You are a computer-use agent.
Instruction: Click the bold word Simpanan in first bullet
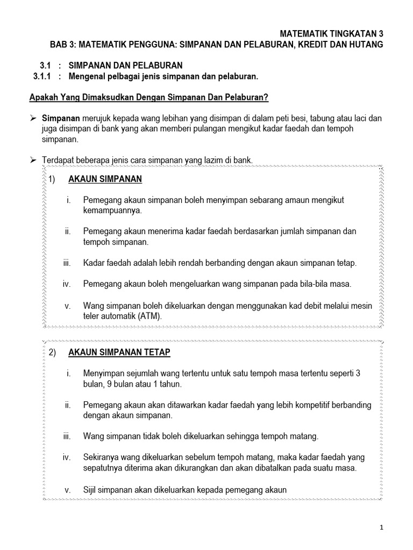[61, 118]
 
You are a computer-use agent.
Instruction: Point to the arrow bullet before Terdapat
[33, 160]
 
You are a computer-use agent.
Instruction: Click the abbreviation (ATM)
[145, 316]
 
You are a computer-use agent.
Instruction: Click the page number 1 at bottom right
[381, 527]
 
